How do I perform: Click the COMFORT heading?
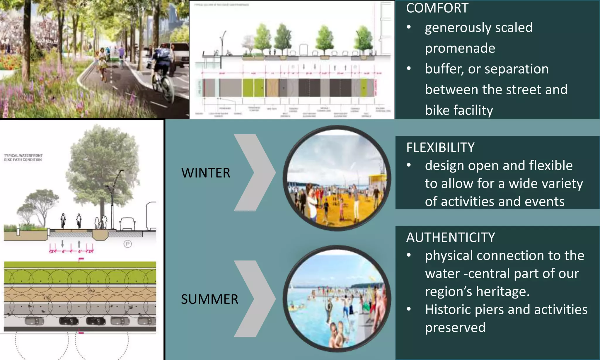437,8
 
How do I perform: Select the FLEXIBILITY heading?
440,147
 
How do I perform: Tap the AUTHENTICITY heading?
451,237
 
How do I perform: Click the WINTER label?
206,173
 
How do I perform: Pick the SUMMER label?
209,299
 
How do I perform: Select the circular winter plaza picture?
337,178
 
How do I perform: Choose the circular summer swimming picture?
337,299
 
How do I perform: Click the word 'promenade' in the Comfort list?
460,48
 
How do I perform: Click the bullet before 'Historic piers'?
409,309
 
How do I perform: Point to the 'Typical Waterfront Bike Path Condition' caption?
23,158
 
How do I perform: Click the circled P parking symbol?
127,244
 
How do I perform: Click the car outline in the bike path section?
127,224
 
